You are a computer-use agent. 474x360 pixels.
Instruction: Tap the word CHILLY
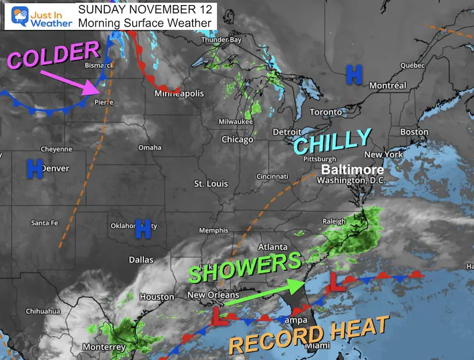coord(332,142)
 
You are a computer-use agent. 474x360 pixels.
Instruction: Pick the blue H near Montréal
coord(354,75)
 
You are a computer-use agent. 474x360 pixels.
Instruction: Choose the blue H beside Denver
coord(34,168)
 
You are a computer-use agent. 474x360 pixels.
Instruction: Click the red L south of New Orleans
coord(220,315)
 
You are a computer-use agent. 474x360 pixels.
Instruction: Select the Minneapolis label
coord(179,94)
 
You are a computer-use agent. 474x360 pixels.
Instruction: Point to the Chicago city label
coord(237,139)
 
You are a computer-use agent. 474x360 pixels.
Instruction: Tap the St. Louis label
coord(211,184)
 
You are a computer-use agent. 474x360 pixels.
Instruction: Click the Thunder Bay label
coord(221,41)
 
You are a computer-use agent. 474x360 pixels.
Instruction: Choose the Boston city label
coord(415,132)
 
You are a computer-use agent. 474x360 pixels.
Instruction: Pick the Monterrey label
coord(105,347)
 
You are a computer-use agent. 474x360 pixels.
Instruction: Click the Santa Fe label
coord(46,223)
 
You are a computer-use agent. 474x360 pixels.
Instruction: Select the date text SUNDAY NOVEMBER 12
coord(145,10)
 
